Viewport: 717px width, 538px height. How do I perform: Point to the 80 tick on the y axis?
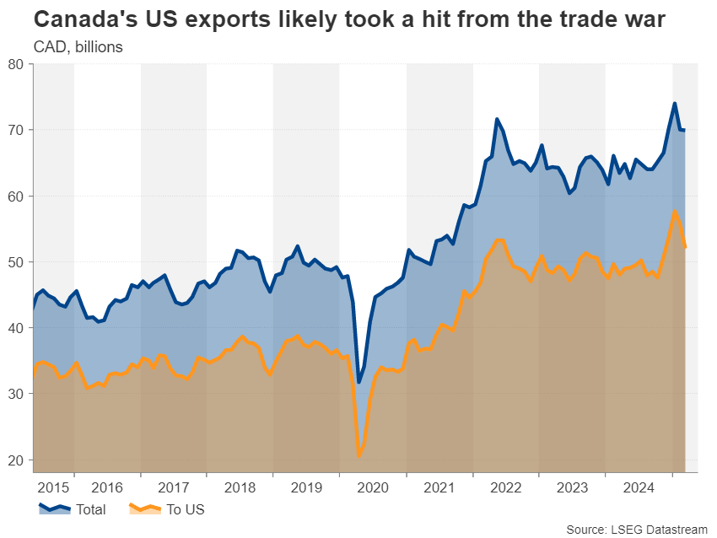[16, 64]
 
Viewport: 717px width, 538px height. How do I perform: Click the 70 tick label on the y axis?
[16, 130]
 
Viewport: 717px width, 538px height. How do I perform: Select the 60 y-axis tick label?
[16, 196]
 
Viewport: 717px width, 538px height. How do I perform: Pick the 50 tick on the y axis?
[16, 262]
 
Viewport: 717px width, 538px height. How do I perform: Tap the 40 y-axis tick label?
[16, 328]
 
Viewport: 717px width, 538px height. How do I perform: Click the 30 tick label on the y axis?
[16, 394]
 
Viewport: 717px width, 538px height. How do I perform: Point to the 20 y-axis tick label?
[16, 460]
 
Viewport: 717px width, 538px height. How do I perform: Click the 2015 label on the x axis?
[53, 487]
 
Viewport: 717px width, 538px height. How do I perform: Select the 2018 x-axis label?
[240, 487]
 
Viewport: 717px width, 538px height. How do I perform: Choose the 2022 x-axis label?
[505, 487]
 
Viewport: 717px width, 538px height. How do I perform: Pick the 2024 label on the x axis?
[639, 487]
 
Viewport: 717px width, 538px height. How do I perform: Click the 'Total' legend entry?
[90, 509]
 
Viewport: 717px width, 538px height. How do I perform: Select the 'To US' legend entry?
[185, 509]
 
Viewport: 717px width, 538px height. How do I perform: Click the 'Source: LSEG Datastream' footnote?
[637, 529]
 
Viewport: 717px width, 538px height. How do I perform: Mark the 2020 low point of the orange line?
[359, 456]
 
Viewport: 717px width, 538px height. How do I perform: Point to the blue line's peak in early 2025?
[675, 104]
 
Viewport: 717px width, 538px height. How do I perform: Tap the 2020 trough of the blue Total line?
[358, 382]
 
